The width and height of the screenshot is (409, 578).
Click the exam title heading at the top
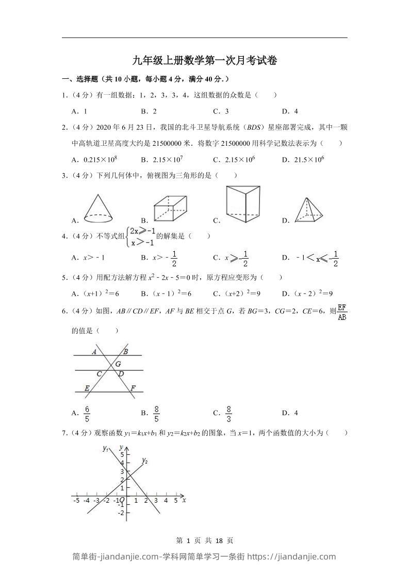coord(204,61)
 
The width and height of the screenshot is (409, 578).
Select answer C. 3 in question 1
coord(221,111)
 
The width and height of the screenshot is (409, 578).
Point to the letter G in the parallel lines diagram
coord(118,364)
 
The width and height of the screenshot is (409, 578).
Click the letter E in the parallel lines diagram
coord(87,388)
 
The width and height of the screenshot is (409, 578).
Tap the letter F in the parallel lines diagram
coord(133,388)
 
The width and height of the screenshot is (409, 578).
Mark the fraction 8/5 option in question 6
coord(157,412)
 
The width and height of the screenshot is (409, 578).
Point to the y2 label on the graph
coord(144,461)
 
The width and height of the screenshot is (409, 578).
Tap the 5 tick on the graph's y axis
coord(122,454)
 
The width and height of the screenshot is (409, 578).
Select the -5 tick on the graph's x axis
coord(76,500)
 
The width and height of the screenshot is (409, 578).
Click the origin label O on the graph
coord(122,500)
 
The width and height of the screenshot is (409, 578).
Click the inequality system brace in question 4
coord(127,236)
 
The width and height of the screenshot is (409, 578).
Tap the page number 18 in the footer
coord(219,540)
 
